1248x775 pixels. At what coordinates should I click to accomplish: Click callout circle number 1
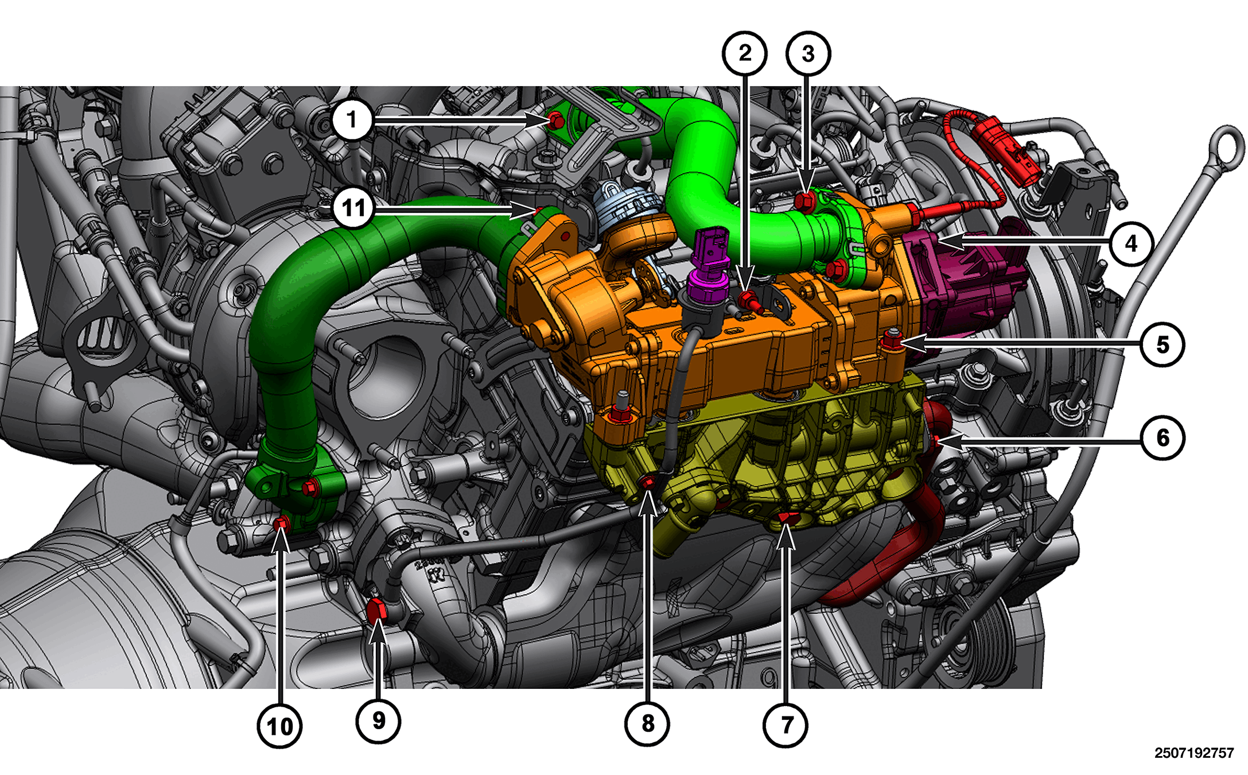[352, 120]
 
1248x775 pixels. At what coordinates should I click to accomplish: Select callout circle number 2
[745, 53]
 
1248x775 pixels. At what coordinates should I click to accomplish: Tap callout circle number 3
[808, 53]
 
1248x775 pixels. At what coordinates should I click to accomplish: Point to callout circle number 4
[1131, 243]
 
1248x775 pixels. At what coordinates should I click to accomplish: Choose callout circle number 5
[1163, 344]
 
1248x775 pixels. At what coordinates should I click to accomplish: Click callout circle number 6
[1163, 438]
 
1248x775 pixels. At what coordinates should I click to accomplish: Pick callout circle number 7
[786, 725]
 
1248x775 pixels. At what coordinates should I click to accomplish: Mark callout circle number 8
[647, 723]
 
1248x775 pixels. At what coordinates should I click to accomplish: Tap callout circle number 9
[379, 721]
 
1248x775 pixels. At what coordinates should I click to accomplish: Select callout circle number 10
[279, 726]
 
